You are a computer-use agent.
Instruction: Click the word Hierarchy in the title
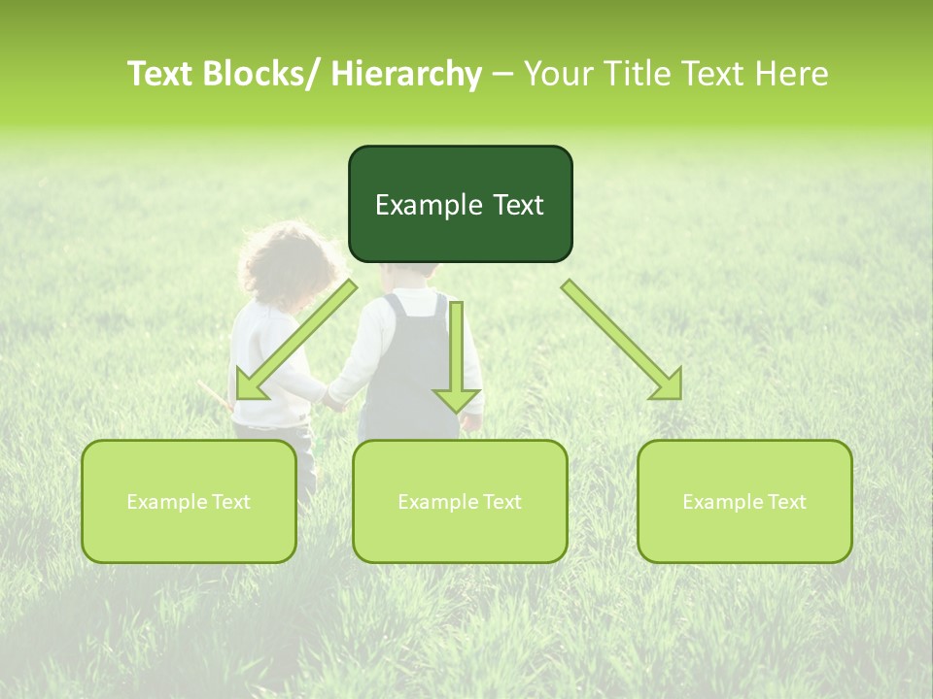(406, 74)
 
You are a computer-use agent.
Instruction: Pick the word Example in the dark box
(428, 205)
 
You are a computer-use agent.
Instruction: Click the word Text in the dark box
(517, 205)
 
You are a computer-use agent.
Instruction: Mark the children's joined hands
(333, 400)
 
